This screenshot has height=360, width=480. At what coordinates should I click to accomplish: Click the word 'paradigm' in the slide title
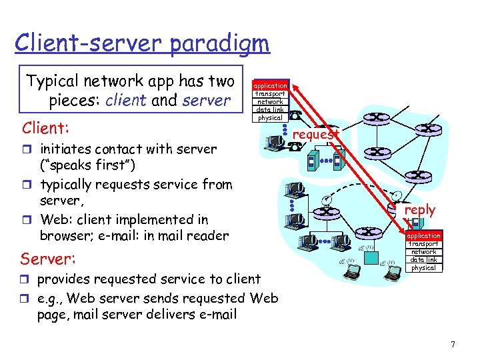tap(219, 43)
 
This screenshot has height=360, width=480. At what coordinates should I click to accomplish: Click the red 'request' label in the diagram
tap(316, 134)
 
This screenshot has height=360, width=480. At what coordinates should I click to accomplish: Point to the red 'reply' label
tap(419, 210)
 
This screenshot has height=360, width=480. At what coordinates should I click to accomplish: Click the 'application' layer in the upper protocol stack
tap(270, 85)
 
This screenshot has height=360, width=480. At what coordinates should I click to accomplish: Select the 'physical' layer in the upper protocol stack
tap(270, 118)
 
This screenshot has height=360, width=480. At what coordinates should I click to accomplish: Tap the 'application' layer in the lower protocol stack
tap(423, 235)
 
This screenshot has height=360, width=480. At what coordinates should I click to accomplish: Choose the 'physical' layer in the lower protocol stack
tap(423, 267)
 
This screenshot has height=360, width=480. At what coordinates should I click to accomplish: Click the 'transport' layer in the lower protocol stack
tap(423, 243)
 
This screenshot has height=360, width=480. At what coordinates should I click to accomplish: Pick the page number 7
tap(453, 345)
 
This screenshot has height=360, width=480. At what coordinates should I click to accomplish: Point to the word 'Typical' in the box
tap(53, 82)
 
